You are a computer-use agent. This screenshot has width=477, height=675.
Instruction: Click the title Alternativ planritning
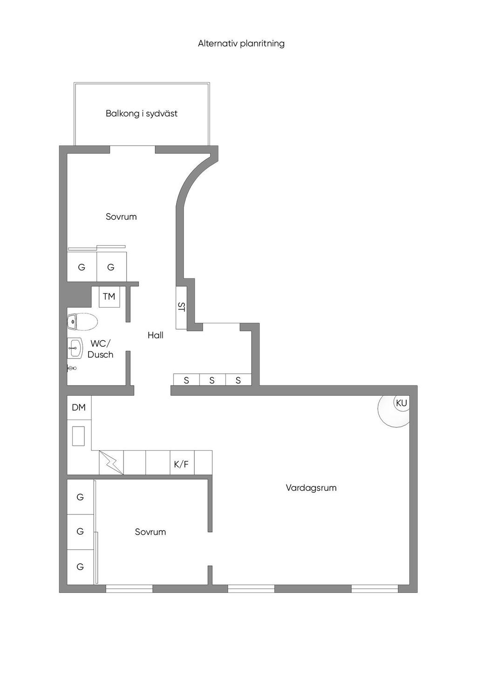(241, 43)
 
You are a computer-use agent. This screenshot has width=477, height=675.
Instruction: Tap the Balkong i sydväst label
(142, 113)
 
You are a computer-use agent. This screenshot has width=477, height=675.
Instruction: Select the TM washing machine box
(109, 296)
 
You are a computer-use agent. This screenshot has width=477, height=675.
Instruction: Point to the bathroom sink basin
(75, 347)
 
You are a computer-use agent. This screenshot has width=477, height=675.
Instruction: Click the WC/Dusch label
(101, 349)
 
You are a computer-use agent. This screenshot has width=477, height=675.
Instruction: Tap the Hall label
(156, 335)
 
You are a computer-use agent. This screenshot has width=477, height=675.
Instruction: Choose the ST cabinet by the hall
(181, 307)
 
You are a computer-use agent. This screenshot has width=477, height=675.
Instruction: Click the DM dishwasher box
(79, 407)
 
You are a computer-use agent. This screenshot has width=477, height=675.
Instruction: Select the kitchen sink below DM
(78, 436)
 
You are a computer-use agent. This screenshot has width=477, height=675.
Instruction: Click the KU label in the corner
(401, 403)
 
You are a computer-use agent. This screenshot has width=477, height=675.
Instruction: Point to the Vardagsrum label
(311, 488)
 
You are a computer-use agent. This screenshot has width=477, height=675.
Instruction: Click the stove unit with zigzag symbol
(111, 462)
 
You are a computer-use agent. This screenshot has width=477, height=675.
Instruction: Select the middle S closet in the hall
(212, 380)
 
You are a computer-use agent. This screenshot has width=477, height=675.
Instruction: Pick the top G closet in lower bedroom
(80, 497)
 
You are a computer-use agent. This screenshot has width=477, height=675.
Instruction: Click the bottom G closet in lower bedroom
(80, 567)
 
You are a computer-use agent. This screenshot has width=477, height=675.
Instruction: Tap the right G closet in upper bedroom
(111, 267)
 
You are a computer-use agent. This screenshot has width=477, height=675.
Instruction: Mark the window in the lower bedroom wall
(129, 589)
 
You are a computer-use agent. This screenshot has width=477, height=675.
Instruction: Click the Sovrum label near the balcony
(121, 217)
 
